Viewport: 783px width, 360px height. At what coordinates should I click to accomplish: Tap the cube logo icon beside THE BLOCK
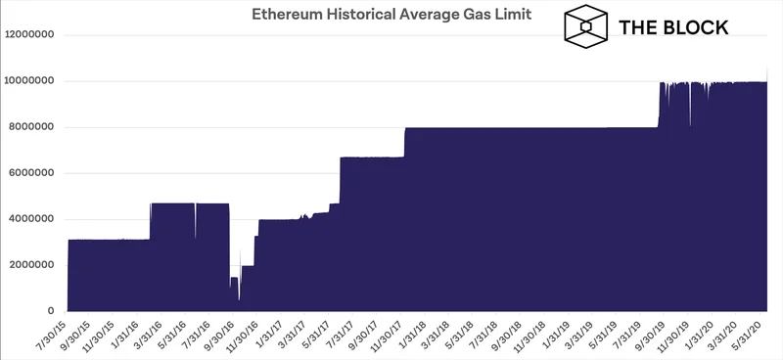(583, 26)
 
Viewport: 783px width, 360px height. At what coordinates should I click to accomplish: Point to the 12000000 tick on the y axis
(32, 35)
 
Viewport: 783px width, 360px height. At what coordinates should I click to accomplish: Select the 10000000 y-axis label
(32, 81)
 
